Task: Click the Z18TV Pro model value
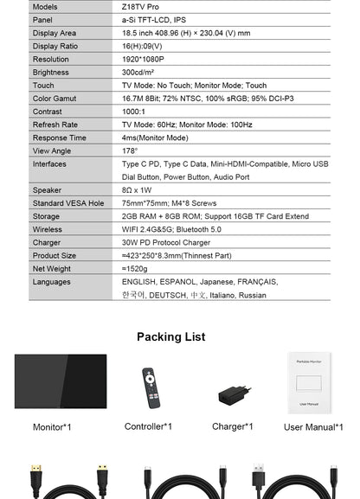click(x=140, y=6)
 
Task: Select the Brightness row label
click(x=50, y=73)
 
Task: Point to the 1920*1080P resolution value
click(x=144, y=60)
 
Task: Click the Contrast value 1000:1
click(x=134, y=112)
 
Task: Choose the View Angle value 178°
click(x=130, y=150)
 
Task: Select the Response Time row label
click(x=59, y=138)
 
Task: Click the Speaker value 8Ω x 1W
click(x=137, y=190)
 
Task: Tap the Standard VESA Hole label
click(x=67, y=203)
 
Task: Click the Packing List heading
click(x=171, y=336)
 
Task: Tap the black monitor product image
click(x=61, y=381)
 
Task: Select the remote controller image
click(x=150, y=387)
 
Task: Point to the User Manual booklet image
click(x=309, y=381)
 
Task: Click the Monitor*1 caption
click(x=52, y=426)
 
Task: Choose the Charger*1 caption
click(x=232, y=426)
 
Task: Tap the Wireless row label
click(x=48, y=230)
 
